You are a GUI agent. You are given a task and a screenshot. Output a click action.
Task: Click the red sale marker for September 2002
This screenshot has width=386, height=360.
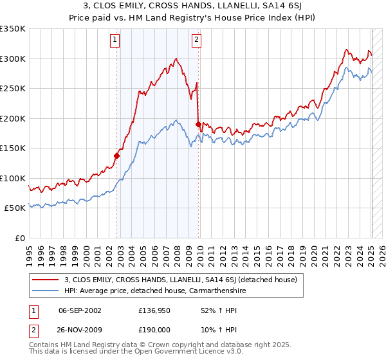click(117, 155)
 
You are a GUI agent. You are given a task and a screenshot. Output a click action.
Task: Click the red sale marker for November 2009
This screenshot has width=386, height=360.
click(198, 123)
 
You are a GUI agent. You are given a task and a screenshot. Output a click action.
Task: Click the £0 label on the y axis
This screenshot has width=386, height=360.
click(20, 238)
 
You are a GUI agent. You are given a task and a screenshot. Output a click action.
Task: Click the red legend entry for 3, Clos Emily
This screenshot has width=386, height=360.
click(180, 280)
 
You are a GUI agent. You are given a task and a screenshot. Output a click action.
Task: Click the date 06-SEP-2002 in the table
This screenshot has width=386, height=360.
click(80, 310)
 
